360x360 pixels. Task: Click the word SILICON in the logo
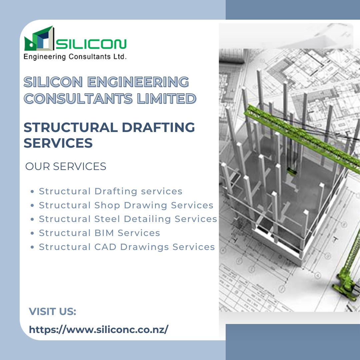pos(92,43)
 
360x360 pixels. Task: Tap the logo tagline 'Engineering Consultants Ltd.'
pos(75,57)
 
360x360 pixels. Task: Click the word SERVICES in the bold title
pos(58,143)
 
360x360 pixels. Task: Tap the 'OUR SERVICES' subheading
pos(66,166)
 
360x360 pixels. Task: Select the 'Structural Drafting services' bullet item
pos(110,191)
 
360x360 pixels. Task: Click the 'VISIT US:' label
pos(53,312)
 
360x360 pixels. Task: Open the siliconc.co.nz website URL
pos(99,330)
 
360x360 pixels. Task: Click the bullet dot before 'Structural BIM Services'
pos(32,233)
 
